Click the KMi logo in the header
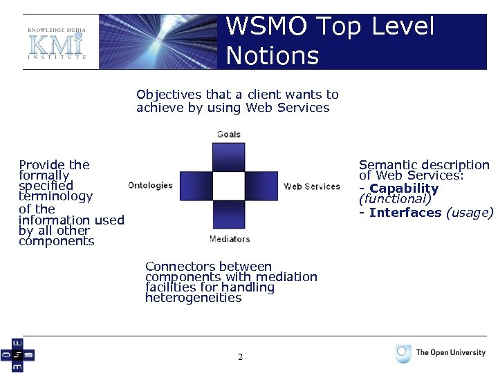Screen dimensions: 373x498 coord(56,44)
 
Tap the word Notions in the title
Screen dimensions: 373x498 coord(272,55)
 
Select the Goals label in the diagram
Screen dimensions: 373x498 coord(228,134)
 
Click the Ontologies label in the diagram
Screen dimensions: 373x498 coord(150,185)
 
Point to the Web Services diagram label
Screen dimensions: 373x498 coord(311,186)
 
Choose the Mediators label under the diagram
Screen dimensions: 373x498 coord(229,239)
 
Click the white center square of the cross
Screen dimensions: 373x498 coord(228,186)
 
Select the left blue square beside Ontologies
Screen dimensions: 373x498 coord(195,186)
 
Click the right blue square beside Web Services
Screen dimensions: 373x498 coord(261,186)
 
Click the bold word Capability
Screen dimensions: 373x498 coord(404,189)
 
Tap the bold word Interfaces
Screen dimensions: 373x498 coord(405,212)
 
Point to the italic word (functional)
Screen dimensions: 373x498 coord(395,199)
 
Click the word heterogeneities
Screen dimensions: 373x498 coord(193,298)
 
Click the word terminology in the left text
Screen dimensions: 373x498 coord(55,196)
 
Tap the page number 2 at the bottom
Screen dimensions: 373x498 coord(240,357)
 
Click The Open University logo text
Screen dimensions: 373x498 coord(450,352)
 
